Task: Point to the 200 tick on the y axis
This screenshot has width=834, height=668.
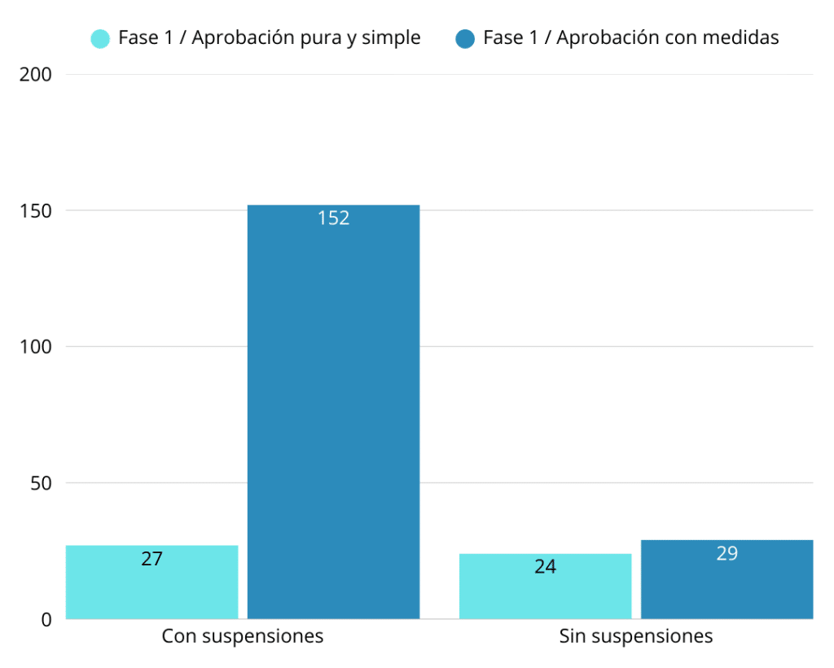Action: click(x=35, y=75)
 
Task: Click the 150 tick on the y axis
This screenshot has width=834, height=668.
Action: click(x=35, y=211)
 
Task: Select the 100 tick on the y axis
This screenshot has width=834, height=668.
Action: click(x=35, y=347)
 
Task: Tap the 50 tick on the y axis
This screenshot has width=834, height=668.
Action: click(x=41, y=483)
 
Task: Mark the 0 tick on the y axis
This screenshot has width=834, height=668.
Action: click(x=46, y=619)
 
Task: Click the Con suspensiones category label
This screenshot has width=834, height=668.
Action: click(x=243, y=636)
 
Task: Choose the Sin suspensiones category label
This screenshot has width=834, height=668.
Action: click(x=636, y=636)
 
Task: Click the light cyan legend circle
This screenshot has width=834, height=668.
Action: click(x=100, y=38)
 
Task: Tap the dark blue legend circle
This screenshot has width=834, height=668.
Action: click(x=465, y=38)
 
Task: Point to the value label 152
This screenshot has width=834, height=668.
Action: click(x=334, y=218)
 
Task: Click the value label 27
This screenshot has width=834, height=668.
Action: click(x=151, y=559)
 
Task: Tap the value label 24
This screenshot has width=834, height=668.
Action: click(x=545, y=567)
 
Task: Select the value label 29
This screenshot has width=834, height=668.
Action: click(x=726, y=554)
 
